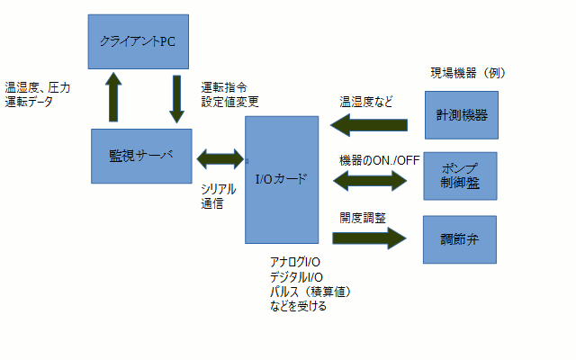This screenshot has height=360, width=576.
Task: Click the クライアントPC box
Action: click(139, 41)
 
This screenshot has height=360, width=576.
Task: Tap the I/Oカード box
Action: click(282, 179)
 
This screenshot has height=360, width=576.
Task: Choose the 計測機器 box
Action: click(459, 115)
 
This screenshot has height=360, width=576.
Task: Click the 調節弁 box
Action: click(459, 239)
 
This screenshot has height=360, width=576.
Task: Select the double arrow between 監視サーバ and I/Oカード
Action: click(219, 158)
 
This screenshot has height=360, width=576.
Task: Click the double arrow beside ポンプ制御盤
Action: click(372, 179)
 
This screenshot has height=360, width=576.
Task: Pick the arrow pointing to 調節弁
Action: click(369, 238)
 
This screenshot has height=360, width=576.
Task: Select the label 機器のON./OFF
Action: click(379, 160)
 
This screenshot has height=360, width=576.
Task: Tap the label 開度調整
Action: click(363, 219)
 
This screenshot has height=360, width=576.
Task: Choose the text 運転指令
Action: click(225, 88)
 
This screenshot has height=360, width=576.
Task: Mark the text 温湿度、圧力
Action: click(38, 88)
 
